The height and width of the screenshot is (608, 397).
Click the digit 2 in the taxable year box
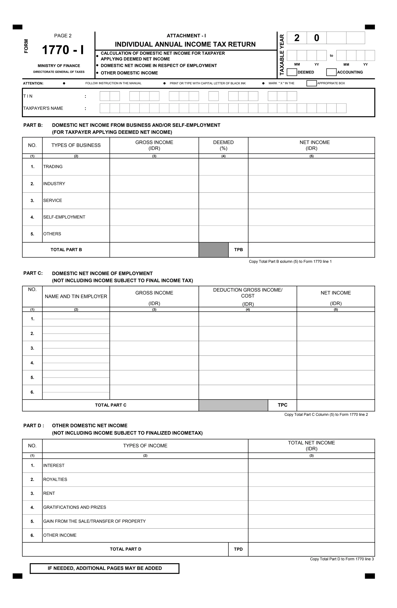tap(297, 38)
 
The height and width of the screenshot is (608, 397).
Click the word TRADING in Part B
tap(53, 167)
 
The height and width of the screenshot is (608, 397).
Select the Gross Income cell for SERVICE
tap(154, 201)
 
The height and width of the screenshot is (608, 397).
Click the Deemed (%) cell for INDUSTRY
tap(223, 184)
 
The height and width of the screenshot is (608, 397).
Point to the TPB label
tap(238, 250)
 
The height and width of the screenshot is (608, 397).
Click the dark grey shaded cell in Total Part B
tap(214, 250)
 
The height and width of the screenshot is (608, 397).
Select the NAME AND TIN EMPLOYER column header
tap(76, 296)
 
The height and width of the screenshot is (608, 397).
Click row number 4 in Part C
tap(32, 363)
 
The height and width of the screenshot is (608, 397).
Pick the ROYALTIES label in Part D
tap(55, 479)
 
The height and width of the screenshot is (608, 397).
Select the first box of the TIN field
tap(105, 96)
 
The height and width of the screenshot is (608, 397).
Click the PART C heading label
tap(33, 273)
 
